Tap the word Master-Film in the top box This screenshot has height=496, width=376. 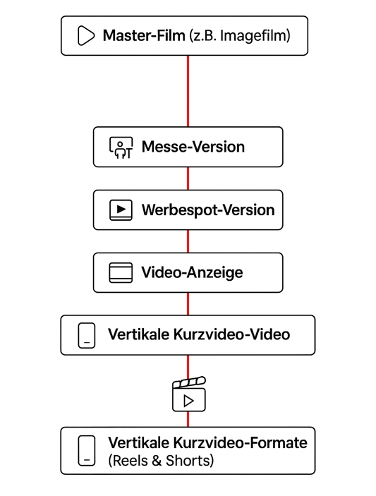[x=144, y=35]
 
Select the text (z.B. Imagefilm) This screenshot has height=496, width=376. [x=240, y=36]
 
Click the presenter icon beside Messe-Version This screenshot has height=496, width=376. [x=121, y=147]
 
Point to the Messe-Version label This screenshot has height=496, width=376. [x=193, y=147]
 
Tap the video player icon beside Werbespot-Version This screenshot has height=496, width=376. [x=121, y=210]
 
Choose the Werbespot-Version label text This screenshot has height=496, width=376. [x=208, y=210]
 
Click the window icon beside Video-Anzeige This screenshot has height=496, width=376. [x=121, y=272]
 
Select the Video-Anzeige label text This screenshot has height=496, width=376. [x=192, y=272]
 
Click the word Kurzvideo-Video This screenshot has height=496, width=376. [x=232, y=334]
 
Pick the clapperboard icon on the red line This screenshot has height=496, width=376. [x=189, y=394]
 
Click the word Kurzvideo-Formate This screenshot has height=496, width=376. [x=241, y=442]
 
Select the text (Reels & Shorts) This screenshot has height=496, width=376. [x=161, y=461]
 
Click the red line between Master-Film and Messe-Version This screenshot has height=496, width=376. [x=188, y=91]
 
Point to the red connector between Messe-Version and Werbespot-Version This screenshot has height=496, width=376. [x=188, y=179]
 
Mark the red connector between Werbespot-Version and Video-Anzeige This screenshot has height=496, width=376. [x=188, y=241]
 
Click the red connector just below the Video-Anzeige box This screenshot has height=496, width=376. [x=188, y=303]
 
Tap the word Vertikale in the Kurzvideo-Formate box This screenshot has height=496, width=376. [x=138, y=442]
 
